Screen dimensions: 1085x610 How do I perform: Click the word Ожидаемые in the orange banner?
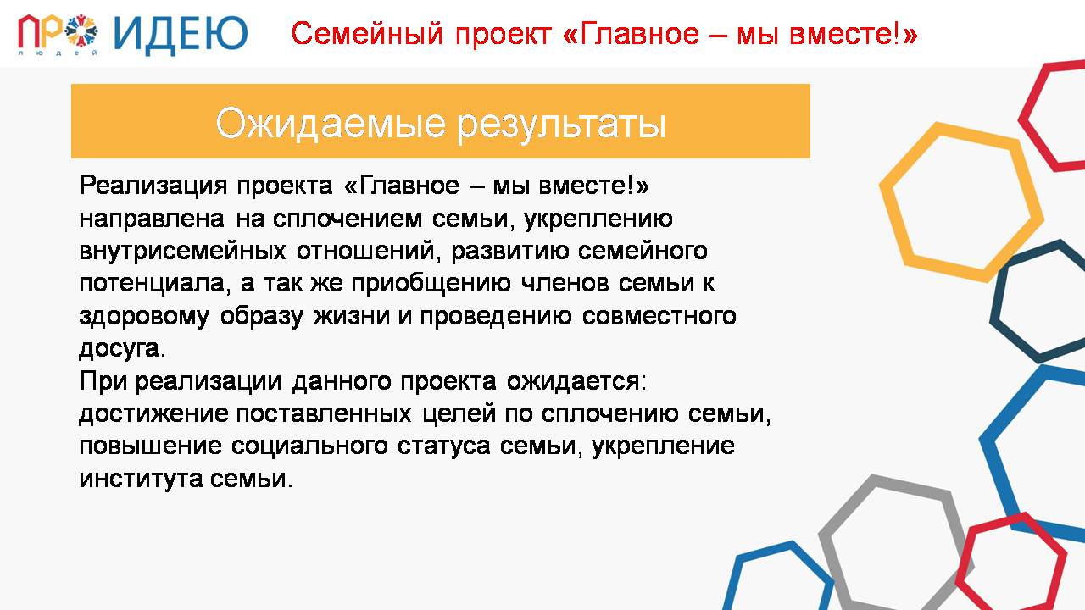coord(331,124)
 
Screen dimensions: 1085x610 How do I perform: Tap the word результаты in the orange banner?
coord(562,125)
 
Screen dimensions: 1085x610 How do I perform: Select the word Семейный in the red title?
coord(367,35)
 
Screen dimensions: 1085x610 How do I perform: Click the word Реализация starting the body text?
coord(153,186)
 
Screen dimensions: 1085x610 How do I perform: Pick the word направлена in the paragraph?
coord(152,219)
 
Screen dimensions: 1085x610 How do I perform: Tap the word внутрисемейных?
coord(182,252)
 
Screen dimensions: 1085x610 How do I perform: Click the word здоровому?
coord(144,317)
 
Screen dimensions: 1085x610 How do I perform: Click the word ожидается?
coord(576,382)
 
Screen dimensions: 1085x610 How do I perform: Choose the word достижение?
coord(153,414)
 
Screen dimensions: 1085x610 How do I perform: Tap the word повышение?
coord(150,446)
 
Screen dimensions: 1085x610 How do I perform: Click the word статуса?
coord(443,446)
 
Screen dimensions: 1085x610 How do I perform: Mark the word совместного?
coord(659,317)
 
